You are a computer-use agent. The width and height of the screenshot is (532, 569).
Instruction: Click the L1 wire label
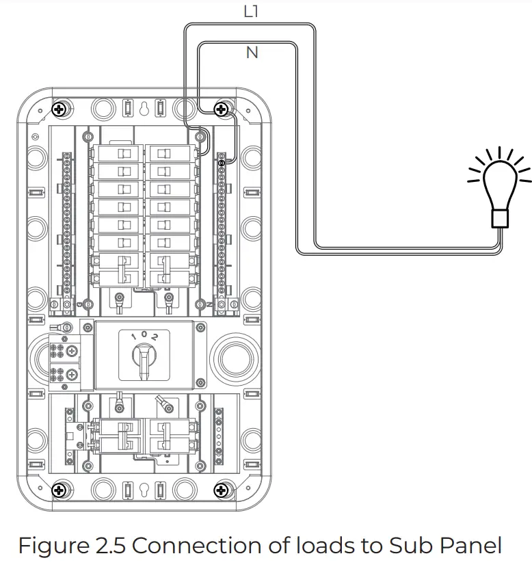(x=251, y=12)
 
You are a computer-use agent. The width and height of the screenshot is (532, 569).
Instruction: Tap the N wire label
(x=252, y=52)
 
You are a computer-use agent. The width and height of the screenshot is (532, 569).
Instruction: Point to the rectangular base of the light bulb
(x=501, y=217)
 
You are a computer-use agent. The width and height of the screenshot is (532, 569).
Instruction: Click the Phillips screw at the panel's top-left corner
(x=60, y=109)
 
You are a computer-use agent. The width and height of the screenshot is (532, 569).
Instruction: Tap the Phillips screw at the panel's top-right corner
(x=221, y=109)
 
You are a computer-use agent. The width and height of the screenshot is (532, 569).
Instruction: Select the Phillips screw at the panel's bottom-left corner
(x=60, y=490)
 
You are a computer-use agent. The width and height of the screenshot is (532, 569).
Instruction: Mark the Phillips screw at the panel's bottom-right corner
(x=221, y=490)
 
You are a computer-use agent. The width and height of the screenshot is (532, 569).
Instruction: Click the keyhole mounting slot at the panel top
(x=144, y=109)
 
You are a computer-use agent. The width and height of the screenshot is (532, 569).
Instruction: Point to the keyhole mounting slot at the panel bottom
(x=144, y=490)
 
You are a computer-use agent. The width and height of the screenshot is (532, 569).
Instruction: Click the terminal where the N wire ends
(x=221, y=163)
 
